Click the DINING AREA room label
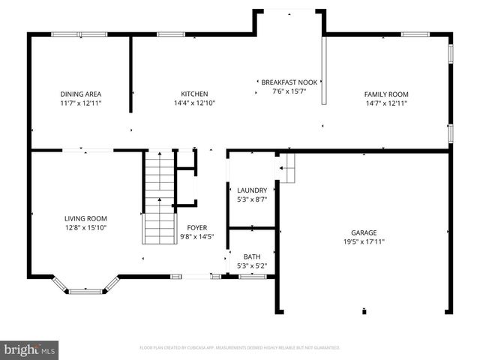(x=80, y=94)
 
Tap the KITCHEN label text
(x=193, y=94)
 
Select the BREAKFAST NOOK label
(x=289, y=82)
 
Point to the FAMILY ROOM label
(x=386, y=94)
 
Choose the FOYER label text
(x=196, y=227)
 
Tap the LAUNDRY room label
(x=251, y=190)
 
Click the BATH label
(x=251, y=256)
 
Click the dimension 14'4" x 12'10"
(x=193, y=103)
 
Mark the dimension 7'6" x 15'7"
(x=289, y=91)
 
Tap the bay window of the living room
(x=85, y=288)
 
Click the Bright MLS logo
(x=30, y=349)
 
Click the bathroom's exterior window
(x=252, y=277)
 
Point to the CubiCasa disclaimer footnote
(x=240, y=348)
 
